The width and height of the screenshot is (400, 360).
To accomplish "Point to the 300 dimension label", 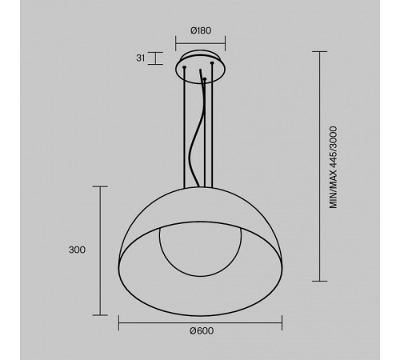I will [x=77, y=250].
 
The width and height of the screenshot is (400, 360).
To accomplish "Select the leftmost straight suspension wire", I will [x=186, y=128].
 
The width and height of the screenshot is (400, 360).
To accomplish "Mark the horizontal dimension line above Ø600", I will [x=200, y=322].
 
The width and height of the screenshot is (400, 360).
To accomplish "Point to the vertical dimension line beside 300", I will [x=101, y=250].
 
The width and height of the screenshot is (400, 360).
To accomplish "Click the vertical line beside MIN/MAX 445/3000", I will [x=322, y=168].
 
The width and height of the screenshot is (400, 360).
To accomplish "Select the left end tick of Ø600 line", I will [x=118, y=322].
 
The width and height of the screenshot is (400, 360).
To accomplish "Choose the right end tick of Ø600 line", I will [x=282, y=322].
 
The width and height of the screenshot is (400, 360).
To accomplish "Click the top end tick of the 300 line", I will [x=101, y=186].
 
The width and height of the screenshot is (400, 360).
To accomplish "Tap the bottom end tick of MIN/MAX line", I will [x=322, y=282].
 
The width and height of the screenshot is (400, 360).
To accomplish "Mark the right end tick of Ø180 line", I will [x=225, y=41].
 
